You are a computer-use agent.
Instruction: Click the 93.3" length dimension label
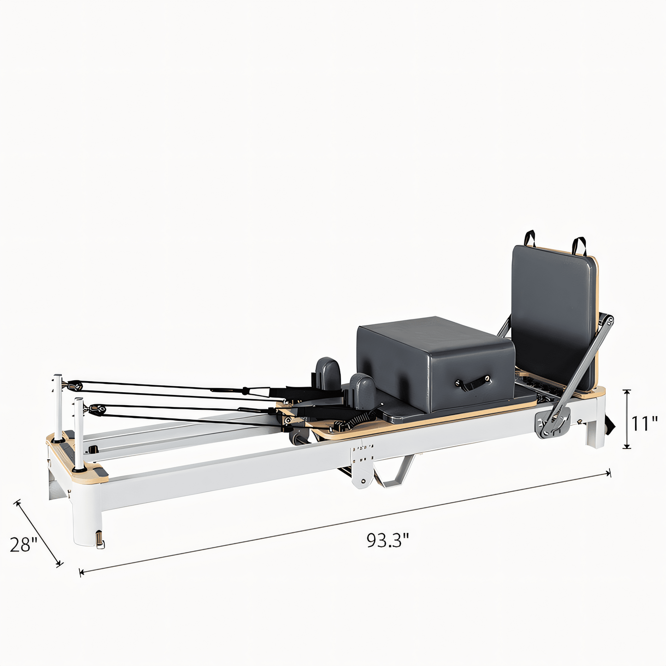click(388, 540)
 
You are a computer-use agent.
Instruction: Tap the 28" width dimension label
click(24, 544)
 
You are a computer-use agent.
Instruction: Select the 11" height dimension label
click(644, 423)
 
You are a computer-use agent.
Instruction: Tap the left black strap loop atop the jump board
click(530, 238)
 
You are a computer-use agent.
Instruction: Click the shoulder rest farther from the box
click(328, 372)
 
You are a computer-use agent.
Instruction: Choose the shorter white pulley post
click(79, 433)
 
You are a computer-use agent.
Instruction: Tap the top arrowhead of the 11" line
click(626, 391)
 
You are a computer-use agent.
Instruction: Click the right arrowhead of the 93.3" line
click(609, 473)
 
